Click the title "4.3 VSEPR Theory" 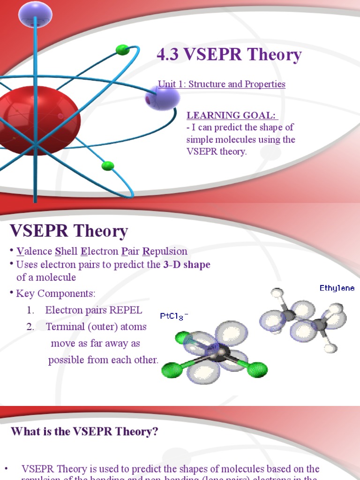click(x=229, y=55)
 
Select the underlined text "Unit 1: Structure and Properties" click(x=221, y=84)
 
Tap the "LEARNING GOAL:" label click(x=232, y=115)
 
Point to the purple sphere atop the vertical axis click(x=35, y=14)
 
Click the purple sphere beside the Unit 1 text click(x=162, y=98)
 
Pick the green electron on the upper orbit click(x=123, y=50)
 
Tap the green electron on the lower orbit click(x=108, y=165)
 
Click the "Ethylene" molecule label click(x=337, y=288)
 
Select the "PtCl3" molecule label click(x=174, y=316)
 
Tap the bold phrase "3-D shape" click(x=187, y=264)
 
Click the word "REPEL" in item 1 click(x=126, y=310)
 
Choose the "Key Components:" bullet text click(x=55, y=294)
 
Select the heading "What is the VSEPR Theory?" click(x=84, y=432)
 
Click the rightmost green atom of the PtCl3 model click(x=257, y=369)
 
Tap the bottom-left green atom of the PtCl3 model click(x=170, y=371)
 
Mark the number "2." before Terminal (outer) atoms click(x=30, y=327)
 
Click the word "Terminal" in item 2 click(x=65, y=327)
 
